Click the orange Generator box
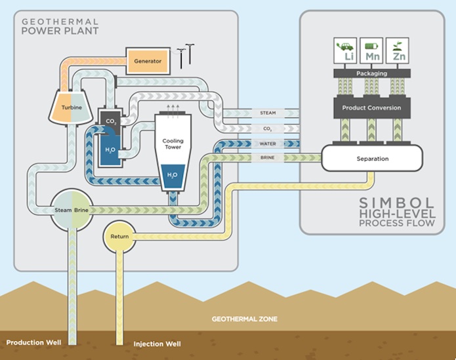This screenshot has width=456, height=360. tap(148, 61)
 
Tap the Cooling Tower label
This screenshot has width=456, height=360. tap(173, 144)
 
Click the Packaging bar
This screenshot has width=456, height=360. tap(371, 73)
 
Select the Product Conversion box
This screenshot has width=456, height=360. tap(371, 108)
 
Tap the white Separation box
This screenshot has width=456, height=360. tap(372, 159)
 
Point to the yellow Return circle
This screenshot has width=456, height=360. tap(119, 236)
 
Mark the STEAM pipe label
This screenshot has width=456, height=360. tap(268, 113)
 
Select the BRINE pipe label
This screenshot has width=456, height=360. tap(268, 158)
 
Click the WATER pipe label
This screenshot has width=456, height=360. tap(268, 143)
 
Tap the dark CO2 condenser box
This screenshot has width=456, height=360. tap(110, 120)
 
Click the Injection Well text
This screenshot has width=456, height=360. tap(157, 344)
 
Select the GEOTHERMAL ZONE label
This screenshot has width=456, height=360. tap(244, 319)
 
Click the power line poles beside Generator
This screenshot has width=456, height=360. tap(185, 55)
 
